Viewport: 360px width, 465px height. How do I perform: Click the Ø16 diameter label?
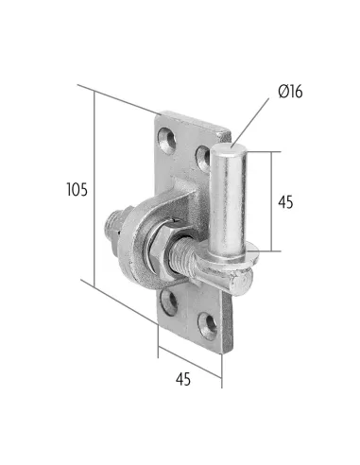point(290,92)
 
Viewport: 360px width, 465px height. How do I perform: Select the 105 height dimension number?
point(77,190)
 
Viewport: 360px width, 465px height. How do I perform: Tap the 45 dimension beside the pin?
point(285,202)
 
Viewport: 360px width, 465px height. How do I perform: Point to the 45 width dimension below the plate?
point(183,379)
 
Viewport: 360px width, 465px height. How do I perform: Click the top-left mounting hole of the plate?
point(166,141)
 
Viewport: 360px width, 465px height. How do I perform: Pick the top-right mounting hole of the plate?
point(203,158)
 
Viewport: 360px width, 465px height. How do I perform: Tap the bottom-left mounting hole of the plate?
point(169,302)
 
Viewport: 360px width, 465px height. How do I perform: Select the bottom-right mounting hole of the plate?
point(208,326)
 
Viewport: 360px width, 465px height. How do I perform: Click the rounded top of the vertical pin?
point(228,149)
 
